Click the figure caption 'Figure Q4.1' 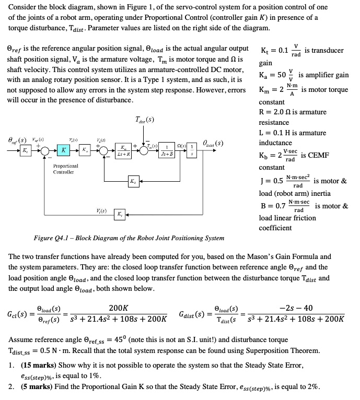click(x=52, y=238)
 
